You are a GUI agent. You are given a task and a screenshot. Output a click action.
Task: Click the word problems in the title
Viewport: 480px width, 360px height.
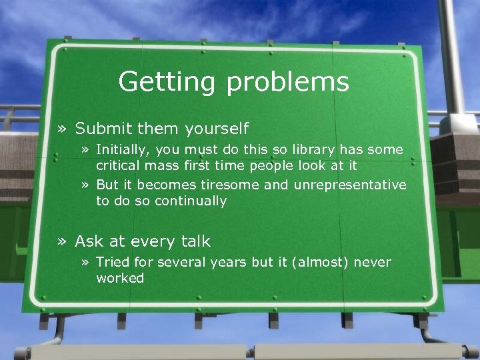point(288,82)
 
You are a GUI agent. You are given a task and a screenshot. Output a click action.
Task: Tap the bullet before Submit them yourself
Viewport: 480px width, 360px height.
point(63,128)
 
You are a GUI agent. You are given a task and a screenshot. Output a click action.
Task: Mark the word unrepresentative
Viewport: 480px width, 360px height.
point(336,185)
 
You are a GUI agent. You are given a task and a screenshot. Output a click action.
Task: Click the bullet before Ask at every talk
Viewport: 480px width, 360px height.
point(63,241)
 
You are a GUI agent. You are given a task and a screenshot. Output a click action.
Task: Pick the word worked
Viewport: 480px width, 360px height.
point(120,278)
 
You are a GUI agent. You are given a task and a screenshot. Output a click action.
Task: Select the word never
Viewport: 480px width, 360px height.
point(372,263)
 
